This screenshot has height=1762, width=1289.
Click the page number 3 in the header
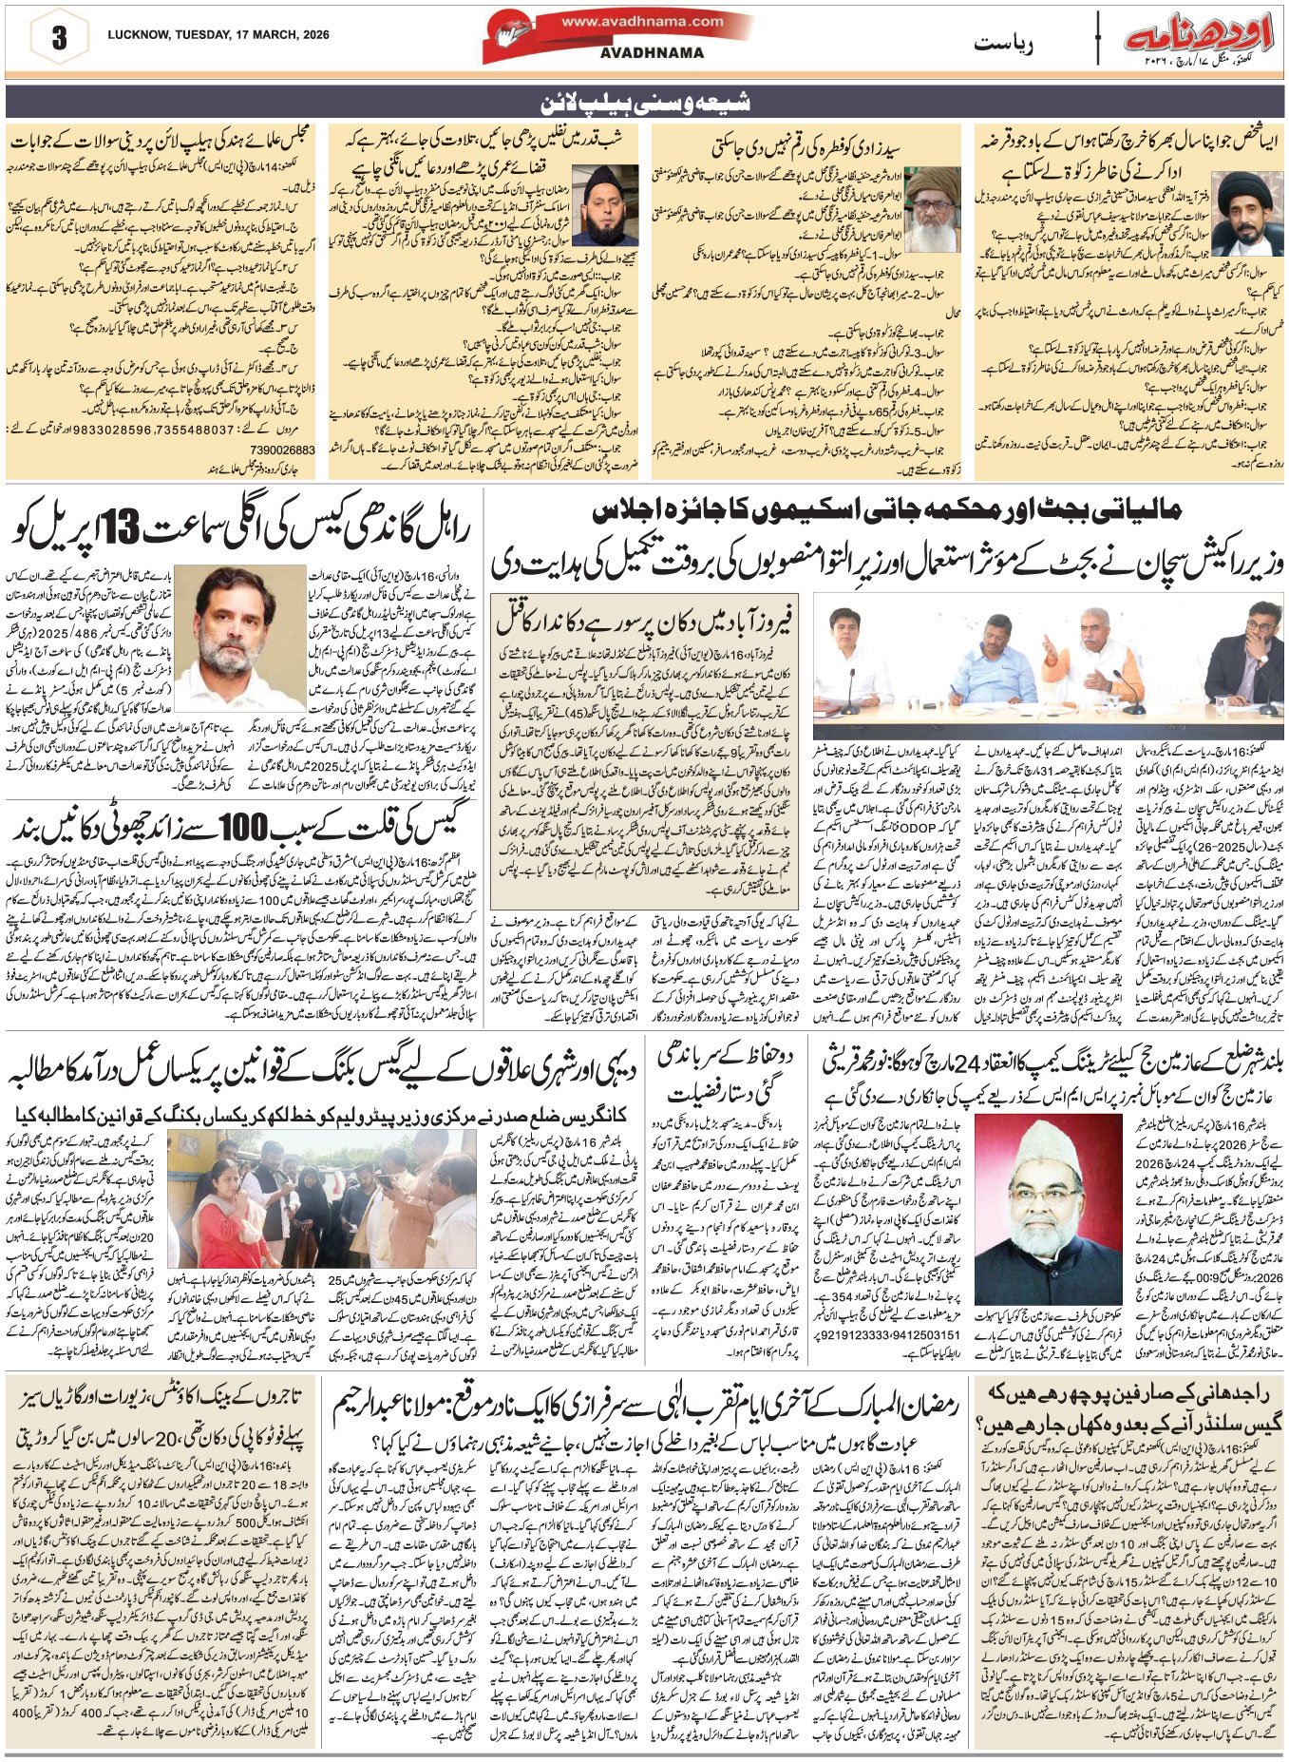59,38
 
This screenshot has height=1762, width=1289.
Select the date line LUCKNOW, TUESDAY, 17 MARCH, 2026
218,35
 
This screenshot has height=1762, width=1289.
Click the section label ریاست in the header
1005,44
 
